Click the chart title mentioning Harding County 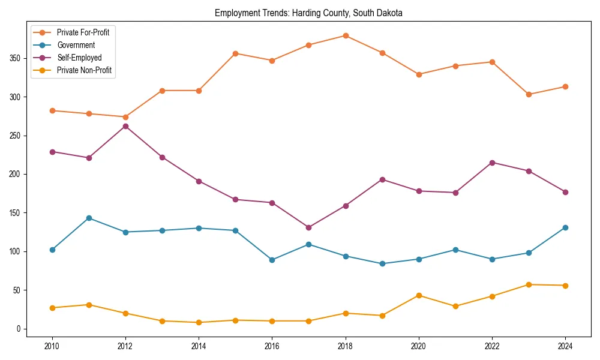(308, 13)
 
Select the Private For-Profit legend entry (83, 32)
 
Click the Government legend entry (76, 45)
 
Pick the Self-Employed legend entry (79, 58)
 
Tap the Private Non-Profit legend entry (84, 70)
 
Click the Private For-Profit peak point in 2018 (346, 35)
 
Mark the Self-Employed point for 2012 (125, 126)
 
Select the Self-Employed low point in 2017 (309, 227)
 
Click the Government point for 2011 (89, 218)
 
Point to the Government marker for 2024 (565, 227)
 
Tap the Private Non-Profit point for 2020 (419, 295)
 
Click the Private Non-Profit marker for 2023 (529, 284)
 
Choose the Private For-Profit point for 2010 (52, 110)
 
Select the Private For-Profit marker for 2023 (529, 94)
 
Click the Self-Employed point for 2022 (492, 163)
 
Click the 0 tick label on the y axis (20, 329)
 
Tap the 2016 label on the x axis (272, 346)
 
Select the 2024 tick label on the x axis (565, 346)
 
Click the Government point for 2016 (272, 260)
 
